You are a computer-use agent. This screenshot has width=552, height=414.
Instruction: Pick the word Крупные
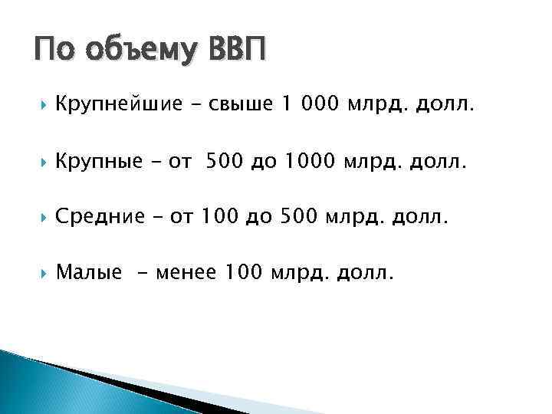[x=99, y=162]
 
